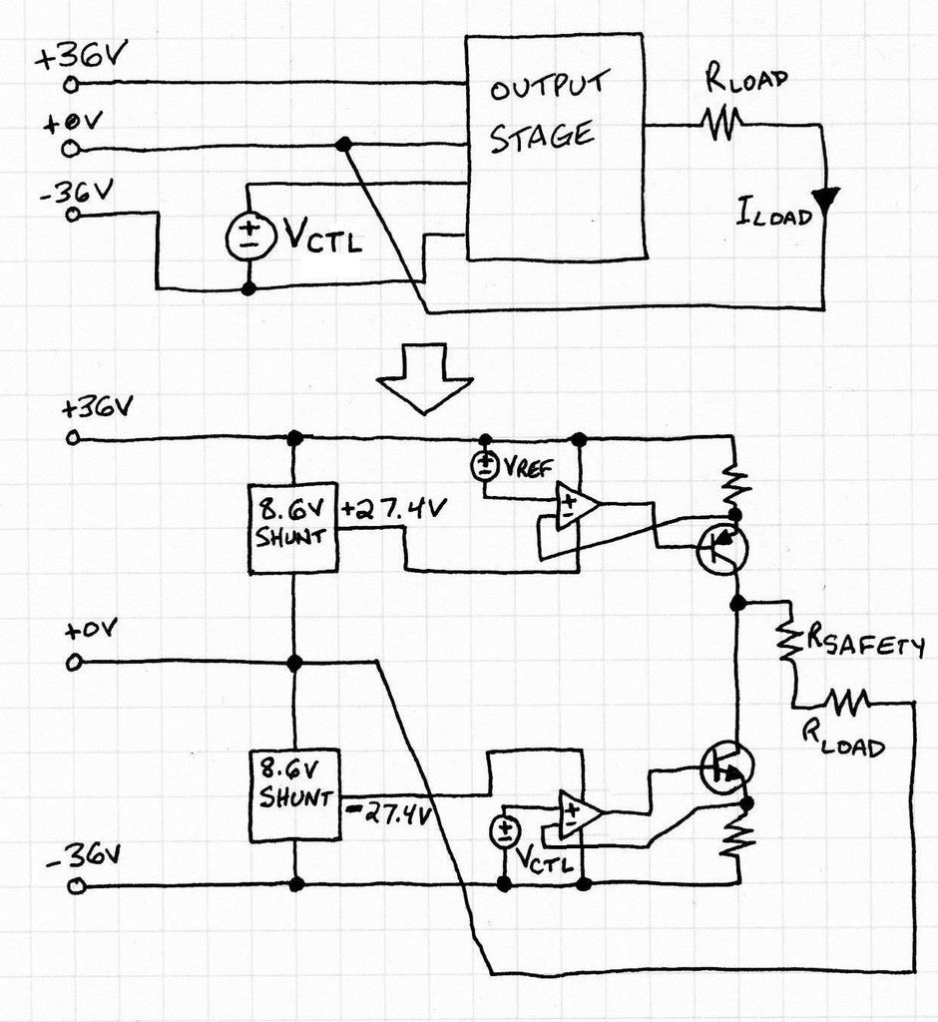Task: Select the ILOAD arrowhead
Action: [x=824, y=200]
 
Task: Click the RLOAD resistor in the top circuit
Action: [x=721, y=123]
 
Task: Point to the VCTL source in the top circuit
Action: [x=247, y=237]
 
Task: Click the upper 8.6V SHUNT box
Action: [x=293, y=528]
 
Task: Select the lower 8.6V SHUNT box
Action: [x=295, y=795]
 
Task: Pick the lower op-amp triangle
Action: [x=581, y=813]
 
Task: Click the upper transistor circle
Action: [x=722, y=550]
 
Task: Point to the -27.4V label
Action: [x=388, y=814]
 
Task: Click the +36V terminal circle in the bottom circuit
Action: [x=73, y=438]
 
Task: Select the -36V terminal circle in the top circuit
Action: [x=74, y=215]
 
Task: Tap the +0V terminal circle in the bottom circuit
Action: [x=74, y=664]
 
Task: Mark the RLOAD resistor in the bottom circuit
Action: [x=847, y=703]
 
